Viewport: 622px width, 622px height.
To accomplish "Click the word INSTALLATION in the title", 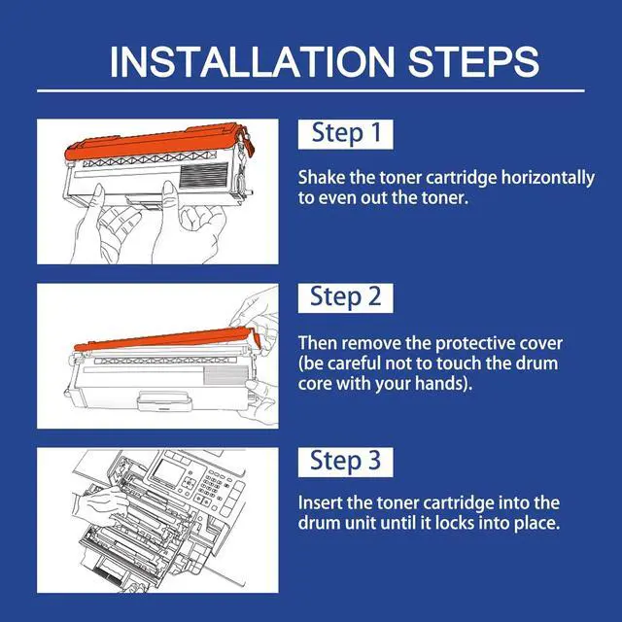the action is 253,61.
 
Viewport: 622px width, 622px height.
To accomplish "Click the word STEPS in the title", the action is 473,61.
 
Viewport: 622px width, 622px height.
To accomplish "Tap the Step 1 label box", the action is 346,134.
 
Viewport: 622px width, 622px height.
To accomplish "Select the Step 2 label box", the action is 346,298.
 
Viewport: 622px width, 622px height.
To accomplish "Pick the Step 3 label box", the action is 346,463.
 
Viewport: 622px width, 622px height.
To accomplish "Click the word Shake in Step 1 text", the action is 322,177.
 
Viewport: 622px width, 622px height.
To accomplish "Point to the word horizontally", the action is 548,178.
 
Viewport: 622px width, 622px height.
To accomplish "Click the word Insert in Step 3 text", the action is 320,503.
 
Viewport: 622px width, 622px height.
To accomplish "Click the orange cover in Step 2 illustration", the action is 166,339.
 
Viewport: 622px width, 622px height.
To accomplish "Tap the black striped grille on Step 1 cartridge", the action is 204,176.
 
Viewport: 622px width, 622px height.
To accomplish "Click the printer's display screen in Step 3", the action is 169,473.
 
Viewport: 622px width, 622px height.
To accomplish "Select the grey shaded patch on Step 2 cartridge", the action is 225,375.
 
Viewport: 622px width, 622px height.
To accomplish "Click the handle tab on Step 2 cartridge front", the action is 164,400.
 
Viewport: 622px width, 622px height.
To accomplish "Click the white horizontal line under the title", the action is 311,90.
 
